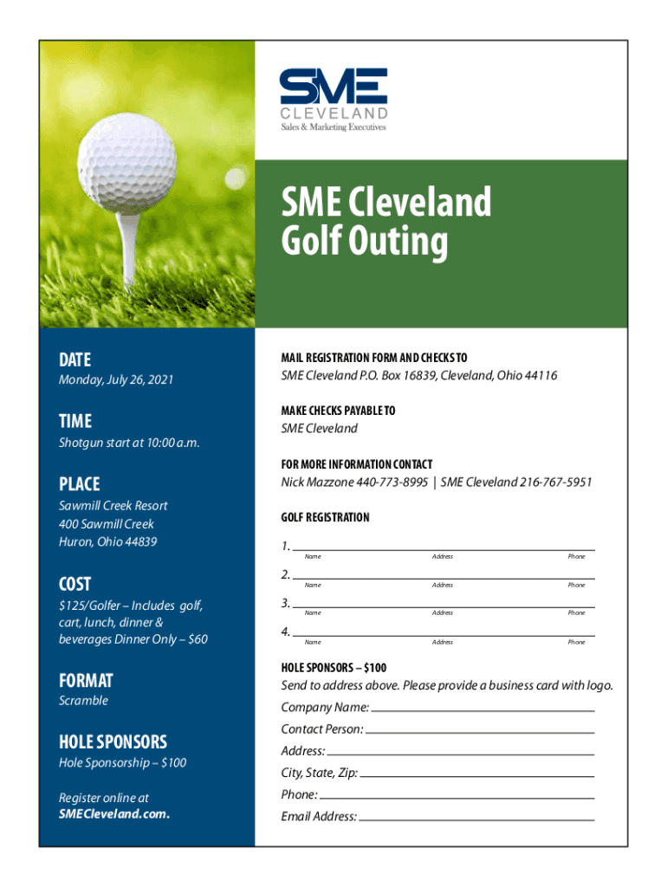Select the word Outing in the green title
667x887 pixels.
point(364,243)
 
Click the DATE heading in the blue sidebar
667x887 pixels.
point(74,360)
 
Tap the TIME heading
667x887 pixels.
point(74,422)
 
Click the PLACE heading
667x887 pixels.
point(79,484)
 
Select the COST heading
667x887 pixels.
point(74,584)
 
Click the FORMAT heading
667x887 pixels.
point(86,681)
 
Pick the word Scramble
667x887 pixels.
point(83,701)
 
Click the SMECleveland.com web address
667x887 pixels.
point(113,814)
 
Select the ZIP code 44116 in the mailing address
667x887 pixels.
point(541,376)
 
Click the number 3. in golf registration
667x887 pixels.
point(285,603)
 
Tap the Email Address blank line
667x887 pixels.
point(476,818)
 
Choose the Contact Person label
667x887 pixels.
point(322,729)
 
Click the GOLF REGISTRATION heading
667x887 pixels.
point(325,518)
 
